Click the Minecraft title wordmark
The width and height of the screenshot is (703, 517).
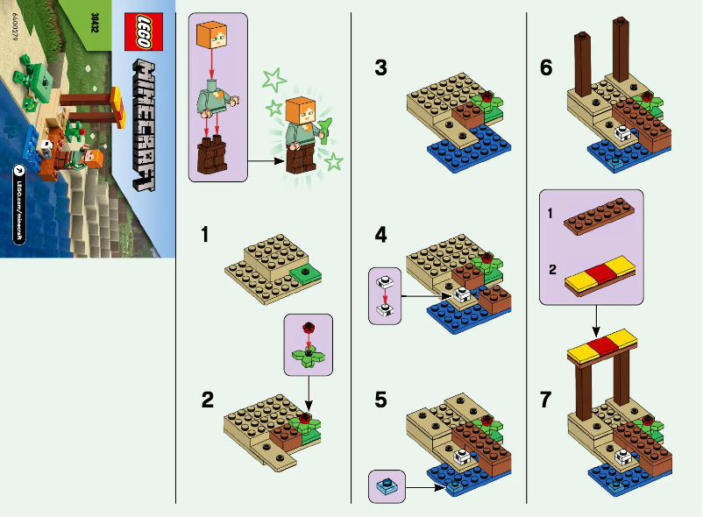click(x=141, y=127)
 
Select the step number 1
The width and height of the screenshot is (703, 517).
click(x=204, y=235)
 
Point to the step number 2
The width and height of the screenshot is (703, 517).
click(x=207, y=400)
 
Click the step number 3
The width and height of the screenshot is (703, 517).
click(x=380, y=67)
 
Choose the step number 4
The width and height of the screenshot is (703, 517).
click(x=380, y=235)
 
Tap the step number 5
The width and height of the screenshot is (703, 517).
click(x=380, y=400)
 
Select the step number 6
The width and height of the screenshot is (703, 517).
click(x=546, y=67)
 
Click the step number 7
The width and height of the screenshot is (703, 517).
click(x=546, y=400)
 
